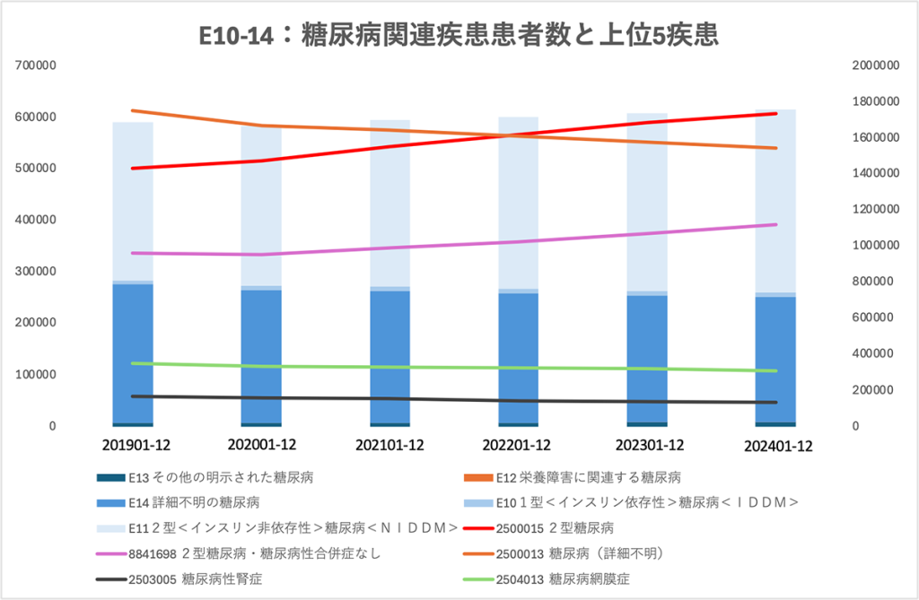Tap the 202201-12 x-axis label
tap(518, 444)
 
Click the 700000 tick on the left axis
tap(37, 65)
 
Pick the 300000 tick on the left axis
tap(37, 271)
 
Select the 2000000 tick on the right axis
tap(874, 65)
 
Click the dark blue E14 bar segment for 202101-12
tap(389, 359)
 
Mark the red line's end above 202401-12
tap(775, 114)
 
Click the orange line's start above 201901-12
tap(132, 110)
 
